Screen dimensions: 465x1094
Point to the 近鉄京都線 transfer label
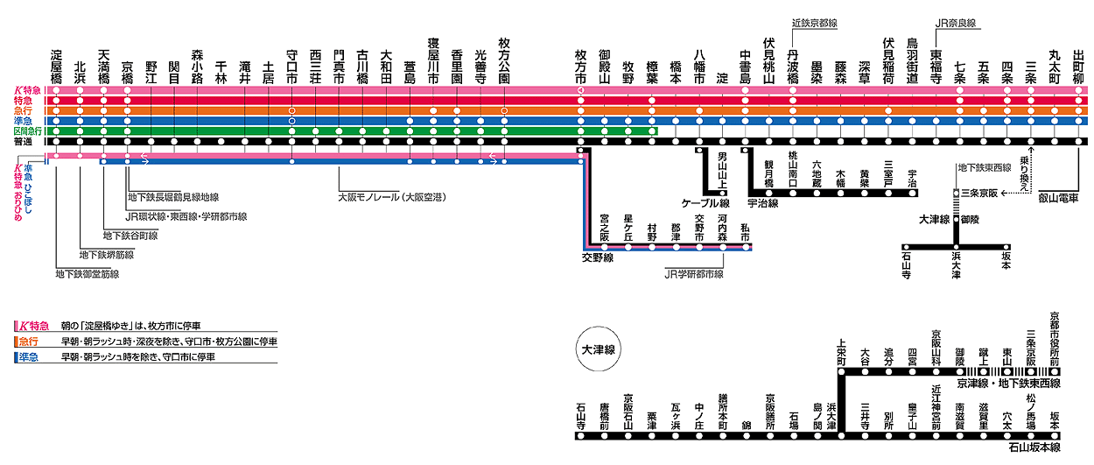[814, 24]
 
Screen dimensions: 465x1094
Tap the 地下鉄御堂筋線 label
[87, 274]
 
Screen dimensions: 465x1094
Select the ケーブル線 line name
[705, 202]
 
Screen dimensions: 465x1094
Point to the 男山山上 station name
[722, 172]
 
